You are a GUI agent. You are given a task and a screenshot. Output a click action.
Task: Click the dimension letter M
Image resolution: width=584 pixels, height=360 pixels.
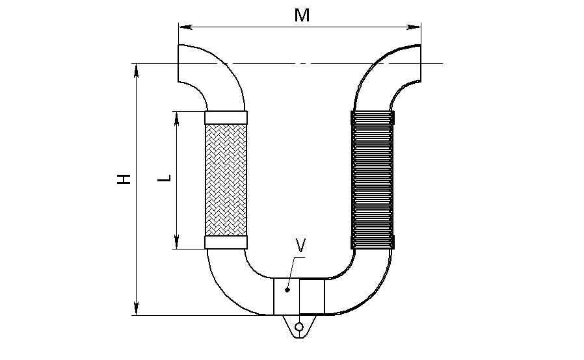click(302, 15)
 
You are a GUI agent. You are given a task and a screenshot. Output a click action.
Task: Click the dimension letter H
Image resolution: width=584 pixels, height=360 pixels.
click(124, 179)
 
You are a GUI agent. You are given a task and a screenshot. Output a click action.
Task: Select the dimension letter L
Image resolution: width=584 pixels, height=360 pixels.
click(165, 178)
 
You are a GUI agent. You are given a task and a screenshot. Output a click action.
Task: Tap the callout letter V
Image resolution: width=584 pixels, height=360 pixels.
click(300, 246)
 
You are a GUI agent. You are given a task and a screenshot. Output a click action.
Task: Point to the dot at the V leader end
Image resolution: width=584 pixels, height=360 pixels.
click(287, 290)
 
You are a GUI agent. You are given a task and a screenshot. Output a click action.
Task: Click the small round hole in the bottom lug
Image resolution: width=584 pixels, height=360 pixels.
click(299, 328)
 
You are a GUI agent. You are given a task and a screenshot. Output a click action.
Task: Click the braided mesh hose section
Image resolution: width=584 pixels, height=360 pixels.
click(226, 180)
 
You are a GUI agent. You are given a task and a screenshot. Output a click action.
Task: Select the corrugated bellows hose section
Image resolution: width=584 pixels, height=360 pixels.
click(373, 180)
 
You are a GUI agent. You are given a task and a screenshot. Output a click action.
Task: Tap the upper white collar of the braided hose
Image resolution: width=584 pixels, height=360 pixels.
click(226, 117)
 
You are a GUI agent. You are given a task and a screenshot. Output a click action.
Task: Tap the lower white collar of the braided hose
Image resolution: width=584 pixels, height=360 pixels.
click(226, 242)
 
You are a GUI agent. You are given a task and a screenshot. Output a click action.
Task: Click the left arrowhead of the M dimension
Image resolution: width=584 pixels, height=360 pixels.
click(185, 27)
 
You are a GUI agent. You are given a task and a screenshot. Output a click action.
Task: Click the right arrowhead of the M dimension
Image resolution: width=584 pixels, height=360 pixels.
click(414, 27)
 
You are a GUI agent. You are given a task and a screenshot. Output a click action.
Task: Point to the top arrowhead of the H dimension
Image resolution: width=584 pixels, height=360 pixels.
click(137, 71)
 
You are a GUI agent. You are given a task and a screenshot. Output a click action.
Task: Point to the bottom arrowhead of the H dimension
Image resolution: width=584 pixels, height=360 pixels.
click(137, 308)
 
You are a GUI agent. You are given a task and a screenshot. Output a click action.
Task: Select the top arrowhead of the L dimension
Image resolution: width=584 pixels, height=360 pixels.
click(177, 118)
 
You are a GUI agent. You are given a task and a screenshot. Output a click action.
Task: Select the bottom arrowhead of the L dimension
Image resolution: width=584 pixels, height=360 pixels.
click(177, 242)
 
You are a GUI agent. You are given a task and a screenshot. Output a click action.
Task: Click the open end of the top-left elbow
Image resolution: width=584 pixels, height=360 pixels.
click(178, 63)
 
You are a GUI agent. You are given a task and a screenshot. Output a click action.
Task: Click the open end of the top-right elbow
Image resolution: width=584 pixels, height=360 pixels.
click(421, 63)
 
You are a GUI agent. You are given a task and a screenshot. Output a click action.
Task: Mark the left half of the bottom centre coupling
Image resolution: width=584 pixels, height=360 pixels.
click(286, 297)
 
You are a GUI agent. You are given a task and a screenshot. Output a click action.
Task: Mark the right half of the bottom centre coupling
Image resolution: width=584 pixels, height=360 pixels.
click(312, 297)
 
